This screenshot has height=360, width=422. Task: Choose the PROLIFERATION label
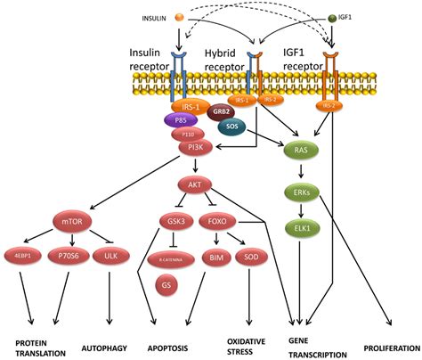391,342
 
